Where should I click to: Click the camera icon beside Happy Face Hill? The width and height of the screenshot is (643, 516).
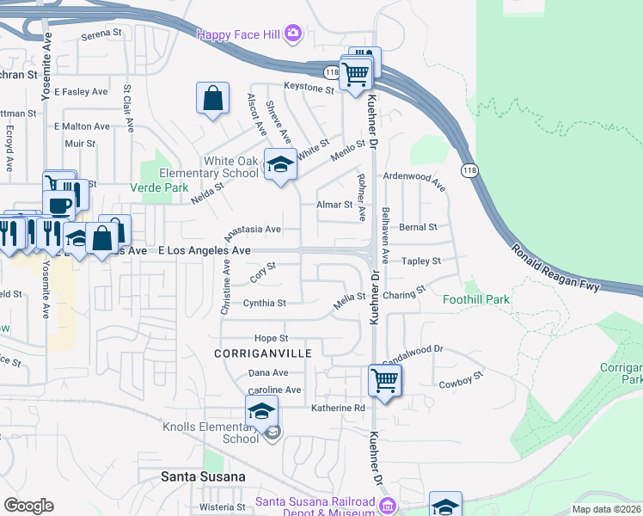[293, 34]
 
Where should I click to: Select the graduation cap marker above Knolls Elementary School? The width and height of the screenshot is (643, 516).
[262, 410]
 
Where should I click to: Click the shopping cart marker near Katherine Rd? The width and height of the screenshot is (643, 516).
[384, 378]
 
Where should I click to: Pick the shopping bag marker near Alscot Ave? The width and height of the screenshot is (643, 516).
[212, 98]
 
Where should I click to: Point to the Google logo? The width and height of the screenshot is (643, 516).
[28, 506]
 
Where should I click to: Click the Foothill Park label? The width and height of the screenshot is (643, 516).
[476, 300]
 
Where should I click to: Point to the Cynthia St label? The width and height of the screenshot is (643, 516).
[264, 304]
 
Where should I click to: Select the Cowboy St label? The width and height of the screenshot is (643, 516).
[462, 376]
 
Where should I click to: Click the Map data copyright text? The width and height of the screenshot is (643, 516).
[606, 509]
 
